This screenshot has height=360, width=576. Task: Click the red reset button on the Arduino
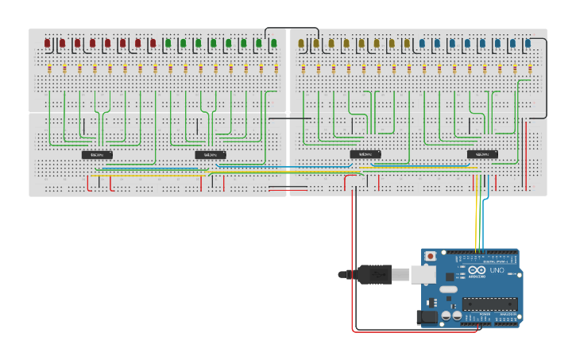431,257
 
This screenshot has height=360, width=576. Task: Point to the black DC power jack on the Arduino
427,317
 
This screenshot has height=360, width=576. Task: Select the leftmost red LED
48,43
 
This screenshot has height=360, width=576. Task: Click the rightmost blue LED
528,43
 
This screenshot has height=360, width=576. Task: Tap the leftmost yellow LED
301,43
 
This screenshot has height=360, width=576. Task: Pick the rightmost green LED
273,43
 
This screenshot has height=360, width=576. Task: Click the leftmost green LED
168,43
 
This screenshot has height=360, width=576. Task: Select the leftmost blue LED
422,43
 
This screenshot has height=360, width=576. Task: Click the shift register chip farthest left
97,154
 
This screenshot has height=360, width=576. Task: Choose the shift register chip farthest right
482,154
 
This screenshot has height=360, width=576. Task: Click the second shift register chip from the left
211,154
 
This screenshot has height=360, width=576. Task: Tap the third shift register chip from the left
365,154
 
